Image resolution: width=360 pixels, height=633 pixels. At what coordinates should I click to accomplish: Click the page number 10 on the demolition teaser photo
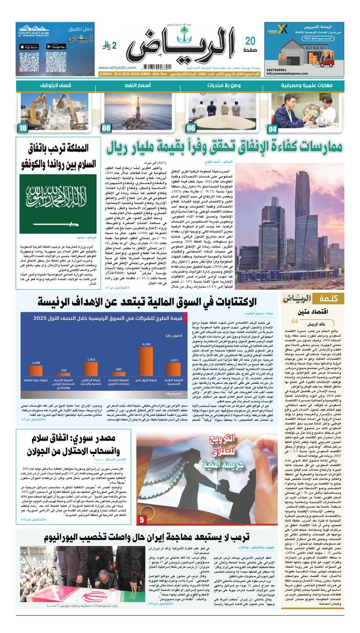pos(22,128)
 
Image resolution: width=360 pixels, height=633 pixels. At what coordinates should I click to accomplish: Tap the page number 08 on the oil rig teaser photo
pos(107,128)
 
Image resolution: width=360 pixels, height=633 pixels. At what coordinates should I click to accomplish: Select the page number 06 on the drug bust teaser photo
pos(191,128)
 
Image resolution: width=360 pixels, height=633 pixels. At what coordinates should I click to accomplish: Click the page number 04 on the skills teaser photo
pos(272,128)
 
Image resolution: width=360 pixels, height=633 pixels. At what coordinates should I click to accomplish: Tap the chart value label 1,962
pos(91,358)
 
